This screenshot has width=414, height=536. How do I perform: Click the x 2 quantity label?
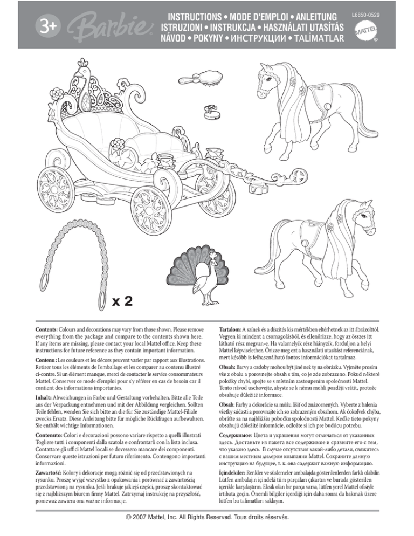click(x=125, y=300)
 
